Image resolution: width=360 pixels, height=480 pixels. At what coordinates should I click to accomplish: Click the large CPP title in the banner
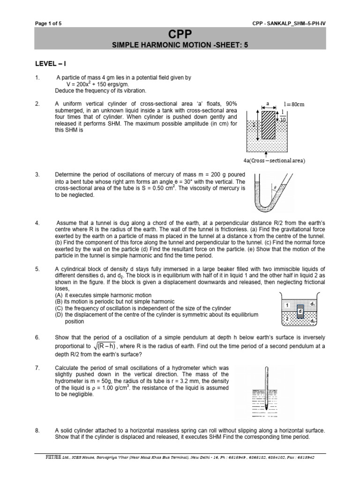pos(180,34)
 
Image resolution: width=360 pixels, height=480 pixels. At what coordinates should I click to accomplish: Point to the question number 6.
pos(37,337)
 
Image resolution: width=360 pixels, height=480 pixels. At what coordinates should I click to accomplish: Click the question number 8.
pos(37,430)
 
